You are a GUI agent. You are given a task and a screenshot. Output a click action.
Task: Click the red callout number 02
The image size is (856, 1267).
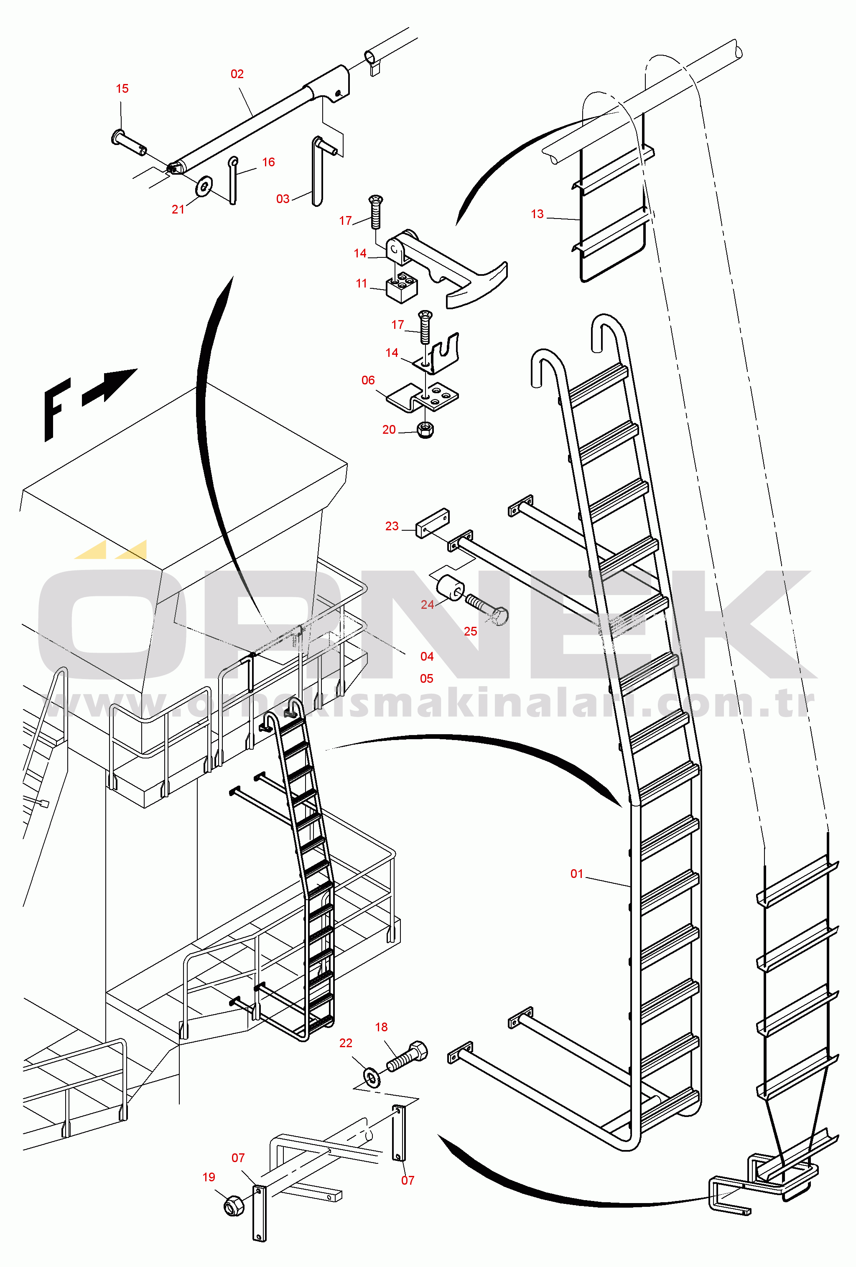[x=237, y=74]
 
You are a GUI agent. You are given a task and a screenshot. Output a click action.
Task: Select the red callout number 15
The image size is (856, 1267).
[x=122, y=89]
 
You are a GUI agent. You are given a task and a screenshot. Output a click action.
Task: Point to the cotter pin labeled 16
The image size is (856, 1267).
[x=233, y=181]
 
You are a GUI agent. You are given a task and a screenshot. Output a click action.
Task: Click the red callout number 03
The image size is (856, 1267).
[x=283, y=199]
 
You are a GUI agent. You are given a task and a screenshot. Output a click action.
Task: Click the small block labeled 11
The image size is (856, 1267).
[x=402, y=287]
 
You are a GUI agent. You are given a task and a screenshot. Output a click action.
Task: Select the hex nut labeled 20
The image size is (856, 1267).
[x=425, y=430]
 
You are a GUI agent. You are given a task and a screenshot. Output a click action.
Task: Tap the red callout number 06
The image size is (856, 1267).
[x=368, y=381]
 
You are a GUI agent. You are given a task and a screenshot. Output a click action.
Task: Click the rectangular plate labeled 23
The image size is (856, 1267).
[x=432, y=523]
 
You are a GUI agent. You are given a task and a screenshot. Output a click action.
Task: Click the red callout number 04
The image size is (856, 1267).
[x=427, y=657]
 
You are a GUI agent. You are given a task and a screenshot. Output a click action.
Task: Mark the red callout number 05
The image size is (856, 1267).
[x=426, y=679]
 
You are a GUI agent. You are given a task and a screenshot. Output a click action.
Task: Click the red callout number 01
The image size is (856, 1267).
[x=577, y=874]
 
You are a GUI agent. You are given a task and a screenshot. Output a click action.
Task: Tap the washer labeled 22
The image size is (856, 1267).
[x=372, y=1077]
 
